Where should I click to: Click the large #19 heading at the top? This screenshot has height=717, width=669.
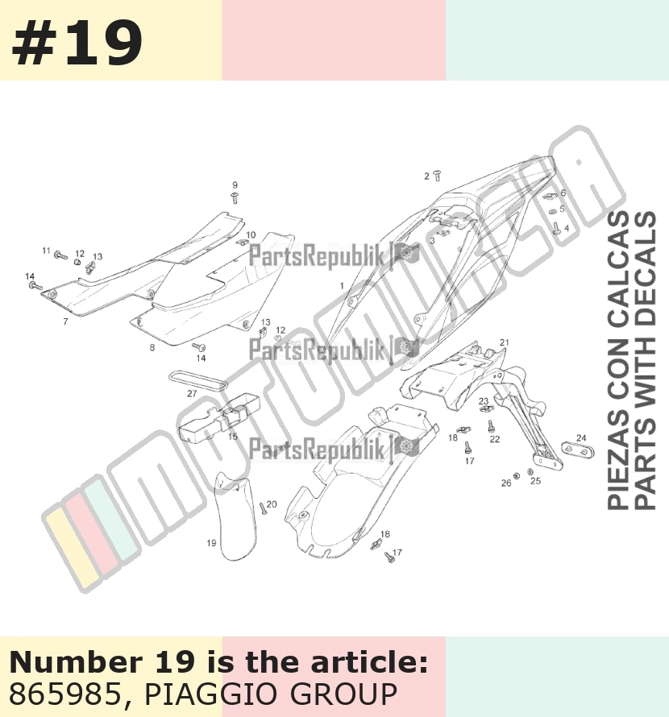77,44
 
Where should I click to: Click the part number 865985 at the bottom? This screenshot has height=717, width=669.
64,694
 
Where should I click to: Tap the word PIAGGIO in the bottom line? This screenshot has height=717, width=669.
213,694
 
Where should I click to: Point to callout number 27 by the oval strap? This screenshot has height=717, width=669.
192,394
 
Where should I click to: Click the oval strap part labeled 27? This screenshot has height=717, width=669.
197,380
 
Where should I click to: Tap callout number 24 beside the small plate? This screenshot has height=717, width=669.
581,437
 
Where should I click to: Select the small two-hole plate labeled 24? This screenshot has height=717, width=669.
577,450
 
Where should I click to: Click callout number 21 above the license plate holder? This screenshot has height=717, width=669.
505,342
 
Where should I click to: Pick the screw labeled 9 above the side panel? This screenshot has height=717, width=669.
235,198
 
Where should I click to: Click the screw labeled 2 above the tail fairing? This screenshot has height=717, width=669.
438,176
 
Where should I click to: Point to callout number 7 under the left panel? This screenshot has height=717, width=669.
65,321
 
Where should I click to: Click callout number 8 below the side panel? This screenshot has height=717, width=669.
152,347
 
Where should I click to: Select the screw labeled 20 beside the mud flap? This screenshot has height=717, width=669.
263,508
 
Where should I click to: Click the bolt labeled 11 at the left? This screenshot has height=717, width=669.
61,255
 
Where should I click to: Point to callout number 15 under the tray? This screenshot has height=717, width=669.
233,437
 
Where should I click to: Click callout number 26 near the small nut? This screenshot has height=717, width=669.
506,483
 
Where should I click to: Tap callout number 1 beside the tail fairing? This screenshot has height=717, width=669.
342,286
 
